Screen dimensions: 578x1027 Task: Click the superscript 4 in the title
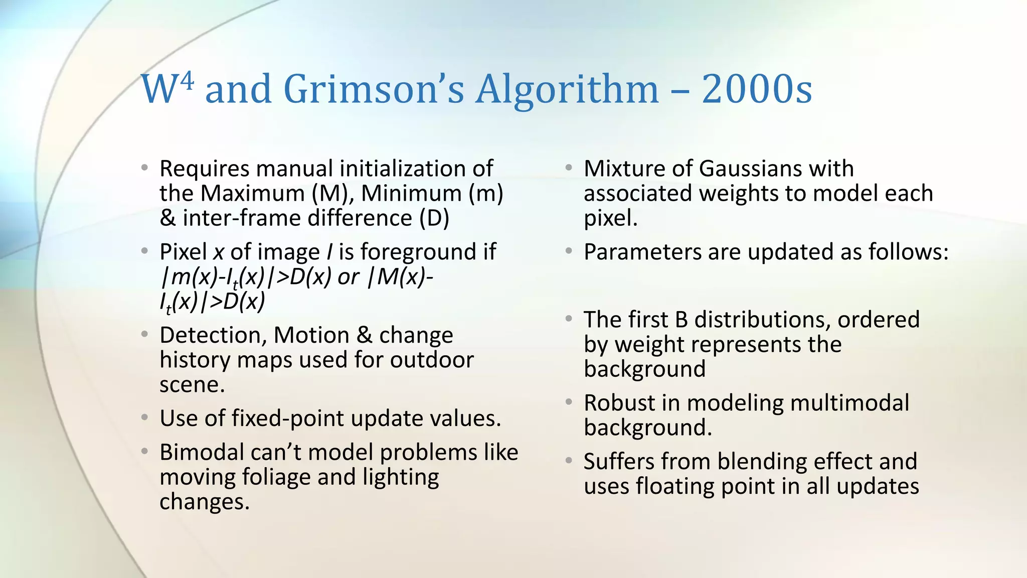coord(187,81)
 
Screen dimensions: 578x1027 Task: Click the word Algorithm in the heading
coord(567,90)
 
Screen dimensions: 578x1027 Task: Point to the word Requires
coord(204,169)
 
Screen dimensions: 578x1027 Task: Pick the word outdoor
coord(432,360)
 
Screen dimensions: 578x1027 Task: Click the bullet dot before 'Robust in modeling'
coord(569,402)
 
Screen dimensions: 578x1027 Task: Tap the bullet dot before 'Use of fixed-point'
coord(144,417)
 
